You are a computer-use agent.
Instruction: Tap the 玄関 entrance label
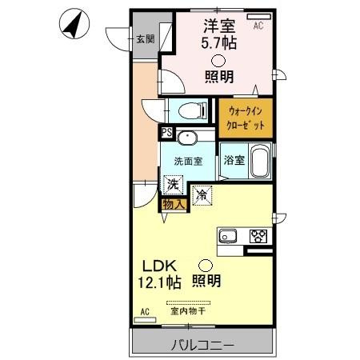click(x=145, y=39)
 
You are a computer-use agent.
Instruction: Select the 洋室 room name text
click(x=218, y=26)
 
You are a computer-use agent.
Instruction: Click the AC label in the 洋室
click(x=258, y=26)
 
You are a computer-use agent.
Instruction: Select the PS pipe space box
click(x=166, y=134)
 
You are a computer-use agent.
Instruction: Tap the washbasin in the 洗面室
click(x=188, y=138)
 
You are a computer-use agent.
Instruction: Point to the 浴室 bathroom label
click(x=233, y=159)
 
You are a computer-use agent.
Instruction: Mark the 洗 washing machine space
click(x=172, y=183)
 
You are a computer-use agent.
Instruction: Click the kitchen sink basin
click(x=226, y=236)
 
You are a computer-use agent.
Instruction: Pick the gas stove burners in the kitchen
click(x=258, y=236)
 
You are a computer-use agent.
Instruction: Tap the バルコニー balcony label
click(x=202, y=346)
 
